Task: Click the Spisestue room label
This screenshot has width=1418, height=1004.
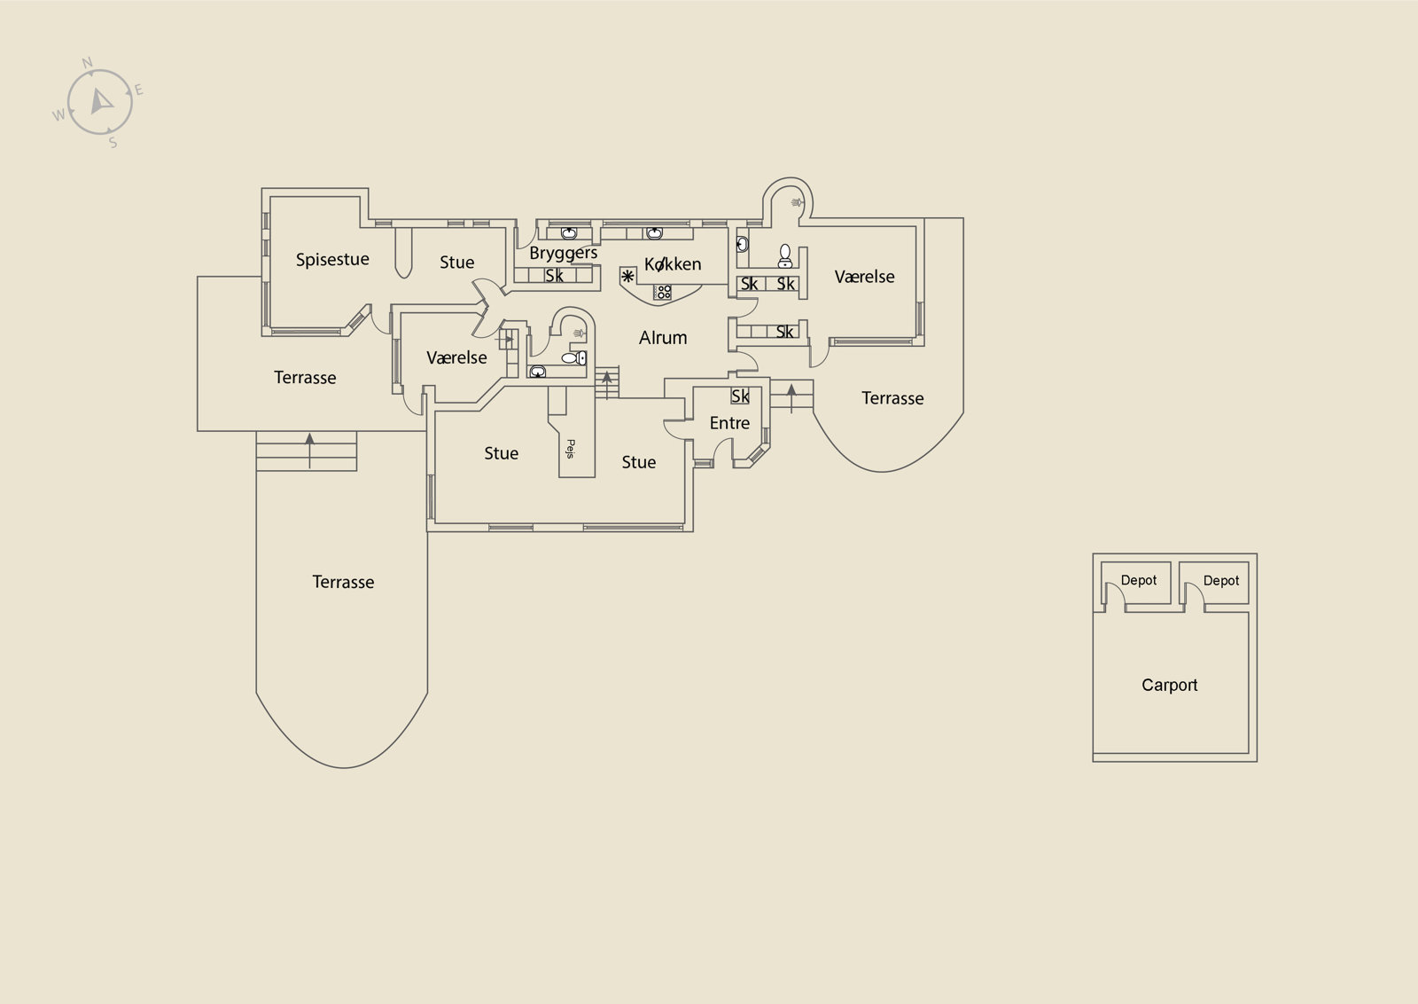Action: tap(332, 260)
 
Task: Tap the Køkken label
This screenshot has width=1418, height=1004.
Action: tap(673, 264)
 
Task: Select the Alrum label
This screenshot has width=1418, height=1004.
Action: tap(663, 338)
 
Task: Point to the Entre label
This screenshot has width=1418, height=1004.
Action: tap(729, 423)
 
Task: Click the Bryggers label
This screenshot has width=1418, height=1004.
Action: tap(564, 254)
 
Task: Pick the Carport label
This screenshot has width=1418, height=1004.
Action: tap(1169, 686)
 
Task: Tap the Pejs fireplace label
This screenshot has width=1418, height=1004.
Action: tap(570, 449)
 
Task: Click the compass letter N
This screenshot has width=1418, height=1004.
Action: tap(88, 63)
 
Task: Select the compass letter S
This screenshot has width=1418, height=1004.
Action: tap(113, 143)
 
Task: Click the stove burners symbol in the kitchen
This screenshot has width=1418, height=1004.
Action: tap(662, 292)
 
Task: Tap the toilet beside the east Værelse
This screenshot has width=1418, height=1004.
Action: tap(785, 256)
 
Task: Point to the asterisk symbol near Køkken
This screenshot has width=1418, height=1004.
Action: tap(627, 276)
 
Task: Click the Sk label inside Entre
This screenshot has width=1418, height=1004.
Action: tap(740, 396)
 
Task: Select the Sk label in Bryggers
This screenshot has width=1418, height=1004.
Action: tap(554, 276)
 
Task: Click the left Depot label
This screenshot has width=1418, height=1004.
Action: tap(1138, 580)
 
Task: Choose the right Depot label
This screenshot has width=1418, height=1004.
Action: tap(1220, 581)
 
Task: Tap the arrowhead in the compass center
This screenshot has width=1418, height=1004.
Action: tap(100, 101)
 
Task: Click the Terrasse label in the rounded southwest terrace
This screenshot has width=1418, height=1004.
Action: tap(343, 582)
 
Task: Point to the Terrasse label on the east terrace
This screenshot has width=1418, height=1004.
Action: tap(892, 398)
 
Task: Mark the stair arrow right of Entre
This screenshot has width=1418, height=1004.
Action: tap(791, 398)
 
